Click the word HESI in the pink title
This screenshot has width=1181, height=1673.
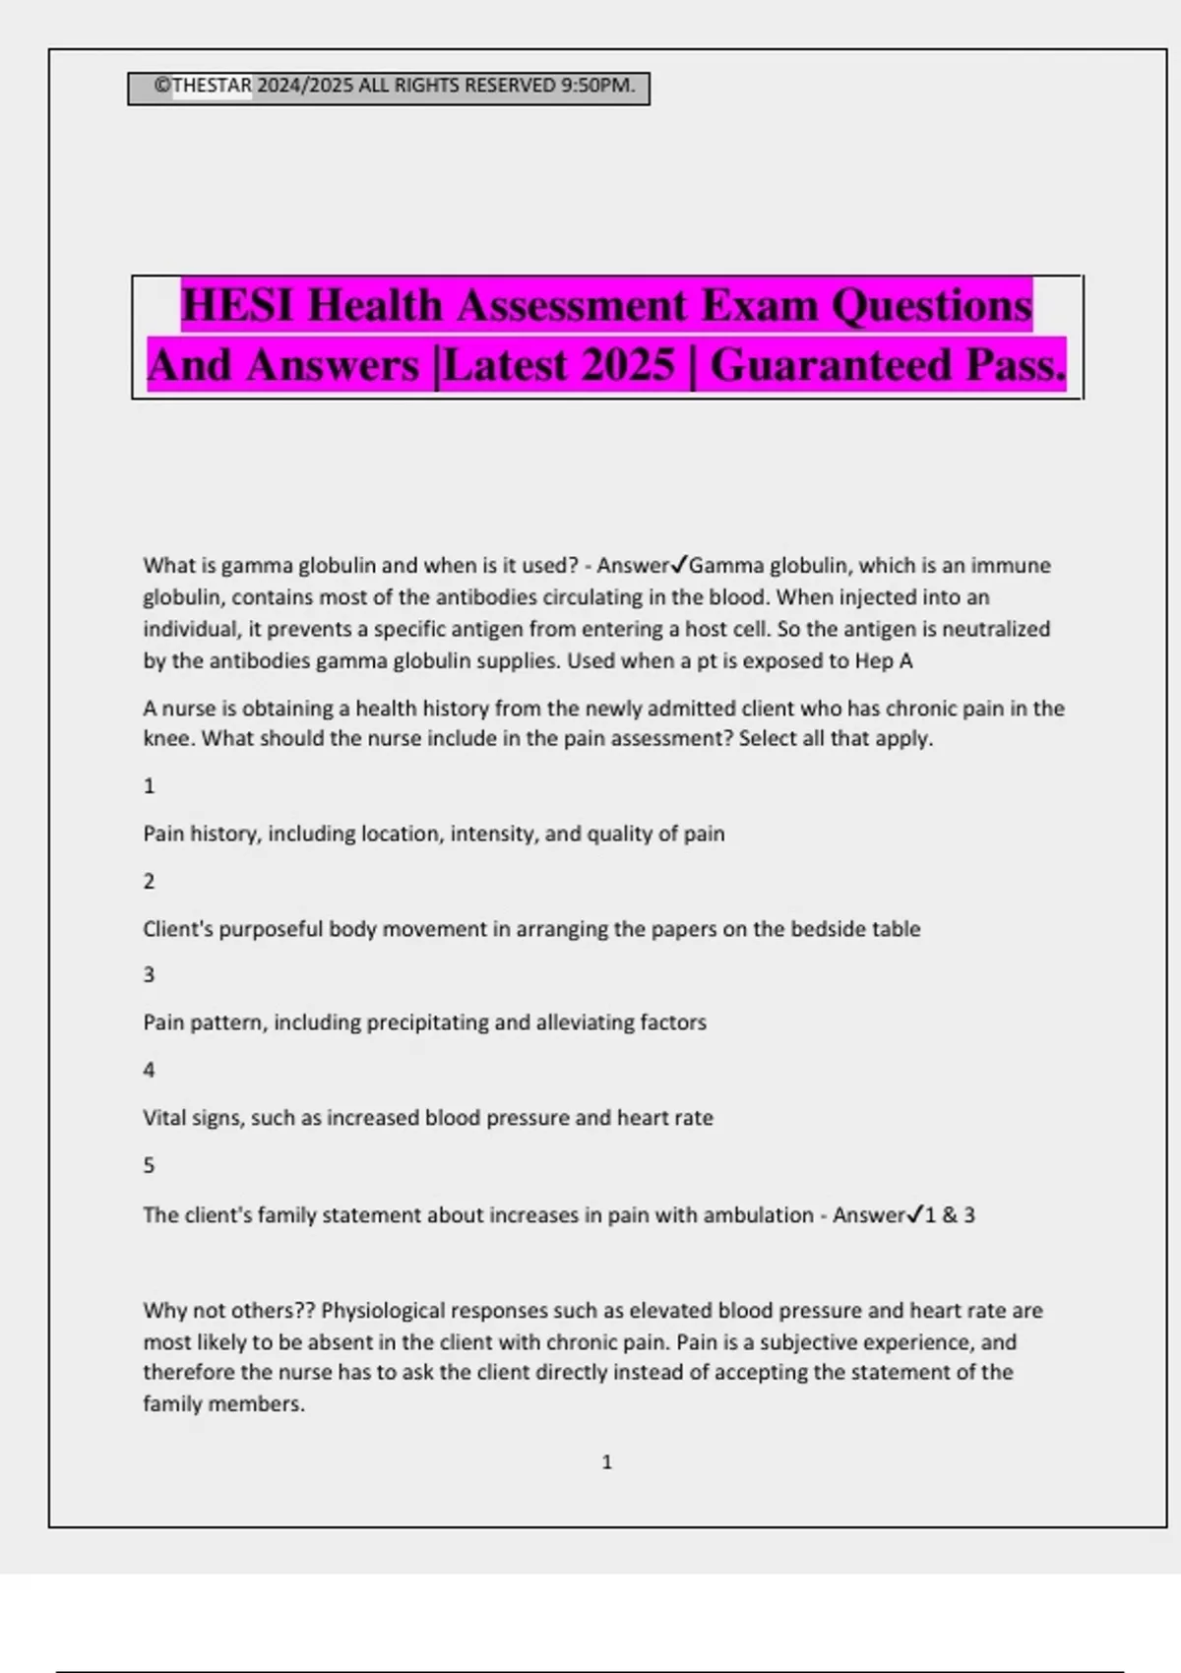tap(237, 305)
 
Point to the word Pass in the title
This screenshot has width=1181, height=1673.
tap(1014, 365)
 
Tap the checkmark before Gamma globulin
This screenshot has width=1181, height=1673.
tap(679, 565)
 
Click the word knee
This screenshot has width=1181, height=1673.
tap(167, 739)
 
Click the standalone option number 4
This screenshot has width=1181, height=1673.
tap(149, 1070)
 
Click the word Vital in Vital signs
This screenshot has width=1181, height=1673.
tap(164, 1118)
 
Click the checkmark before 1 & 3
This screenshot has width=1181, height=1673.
tap(915, 1214)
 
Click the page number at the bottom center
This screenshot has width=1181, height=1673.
tap(606, 1462)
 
